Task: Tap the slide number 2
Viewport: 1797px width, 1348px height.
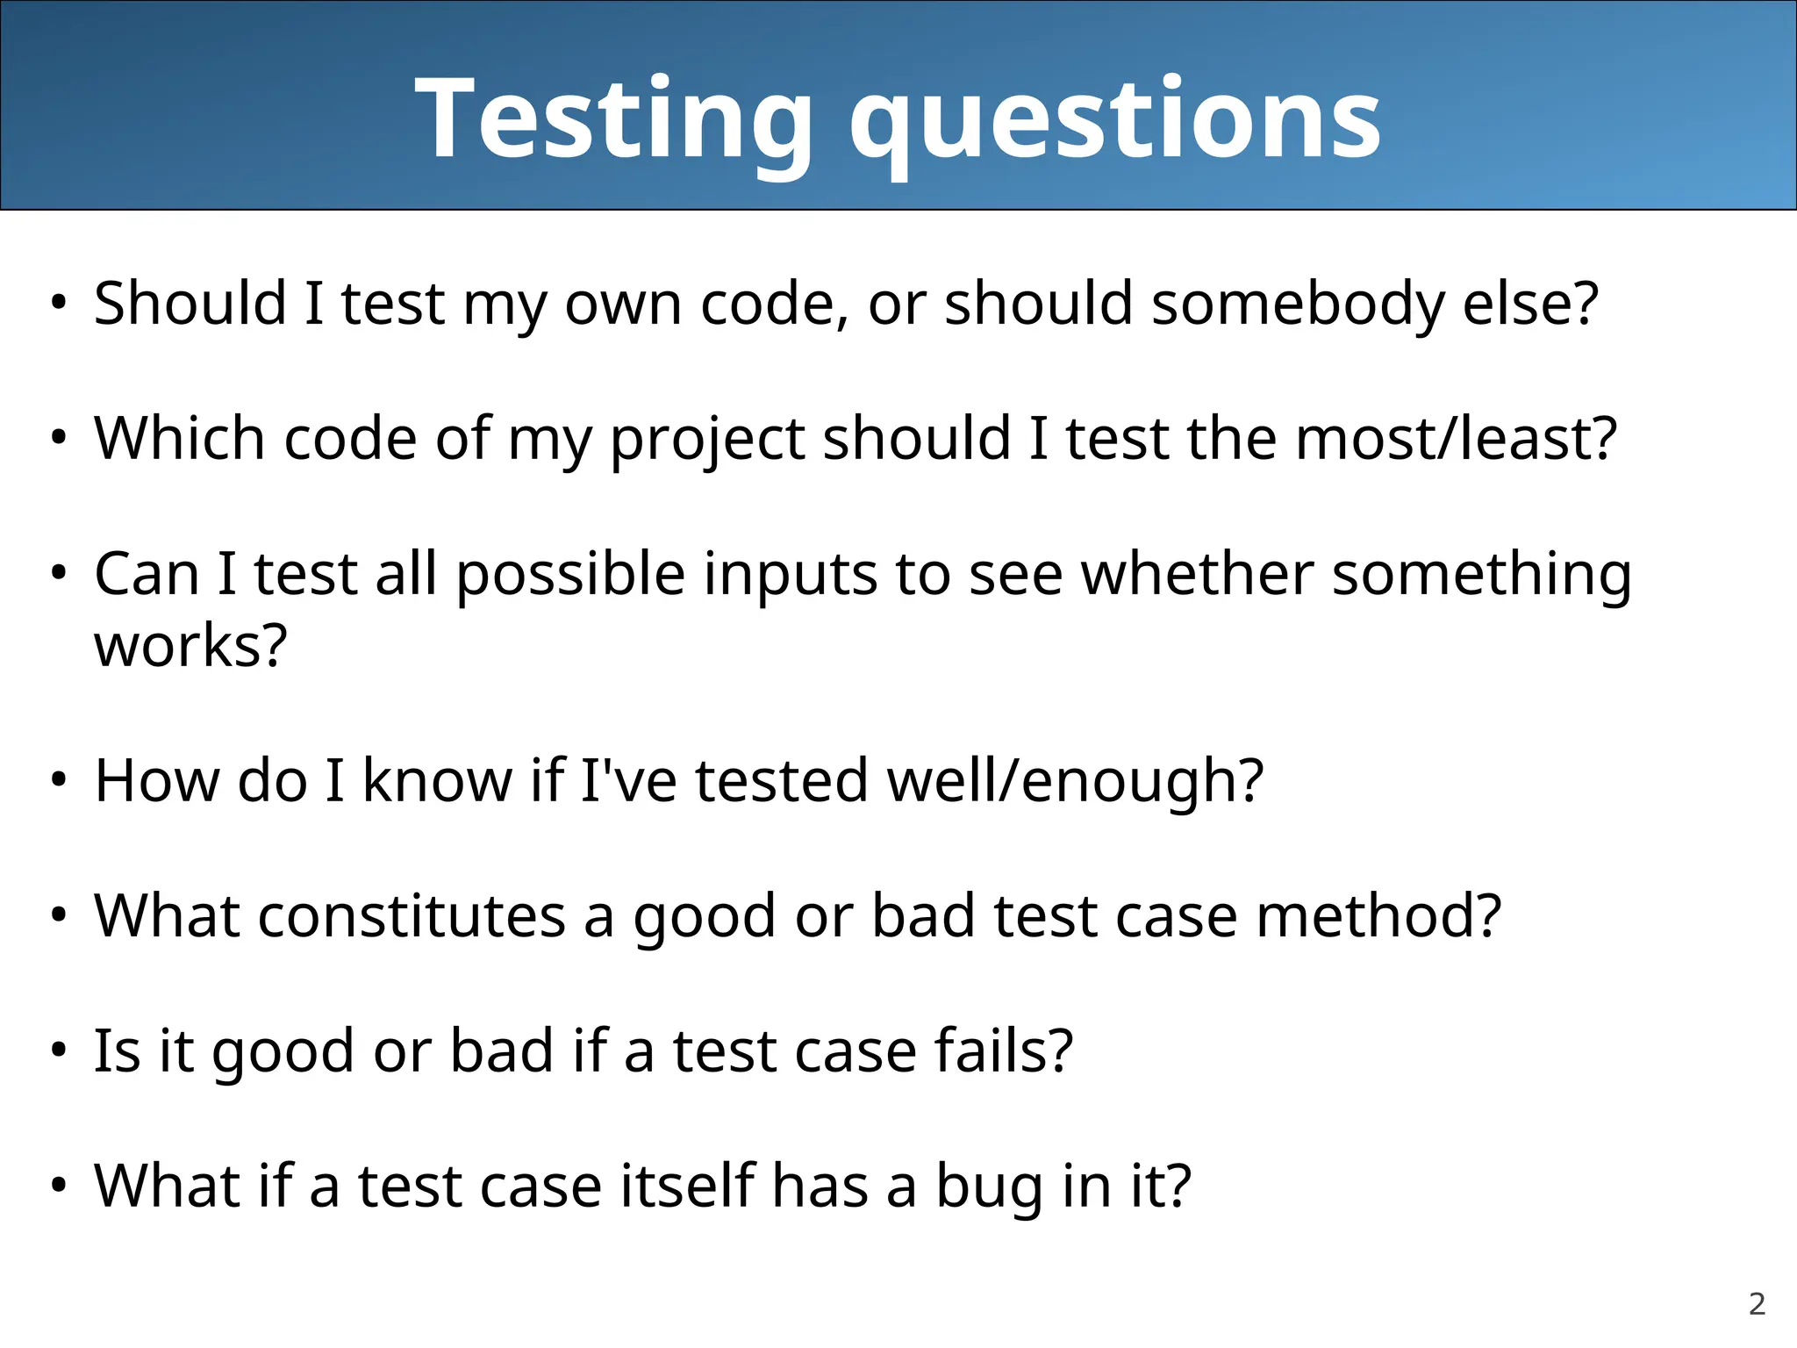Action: pos(1757,1304)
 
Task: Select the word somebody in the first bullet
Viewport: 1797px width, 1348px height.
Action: pos(1298,304)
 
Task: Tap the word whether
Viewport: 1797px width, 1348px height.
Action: pos(1197,574)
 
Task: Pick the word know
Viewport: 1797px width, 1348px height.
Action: pos(437,779)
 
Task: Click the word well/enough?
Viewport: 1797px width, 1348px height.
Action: pos(1075,781)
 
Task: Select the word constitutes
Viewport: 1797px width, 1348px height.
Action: pos(412,915)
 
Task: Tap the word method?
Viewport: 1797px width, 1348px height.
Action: pos(1378,915)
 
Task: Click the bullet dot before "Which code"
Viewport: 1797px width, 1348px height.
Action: pos(59,438)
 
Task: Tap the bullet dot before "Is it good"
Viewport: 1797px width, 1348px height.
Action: pos(59,1050)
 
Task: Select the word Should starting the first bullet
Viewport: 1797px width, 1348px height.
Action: pos(190,304)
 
